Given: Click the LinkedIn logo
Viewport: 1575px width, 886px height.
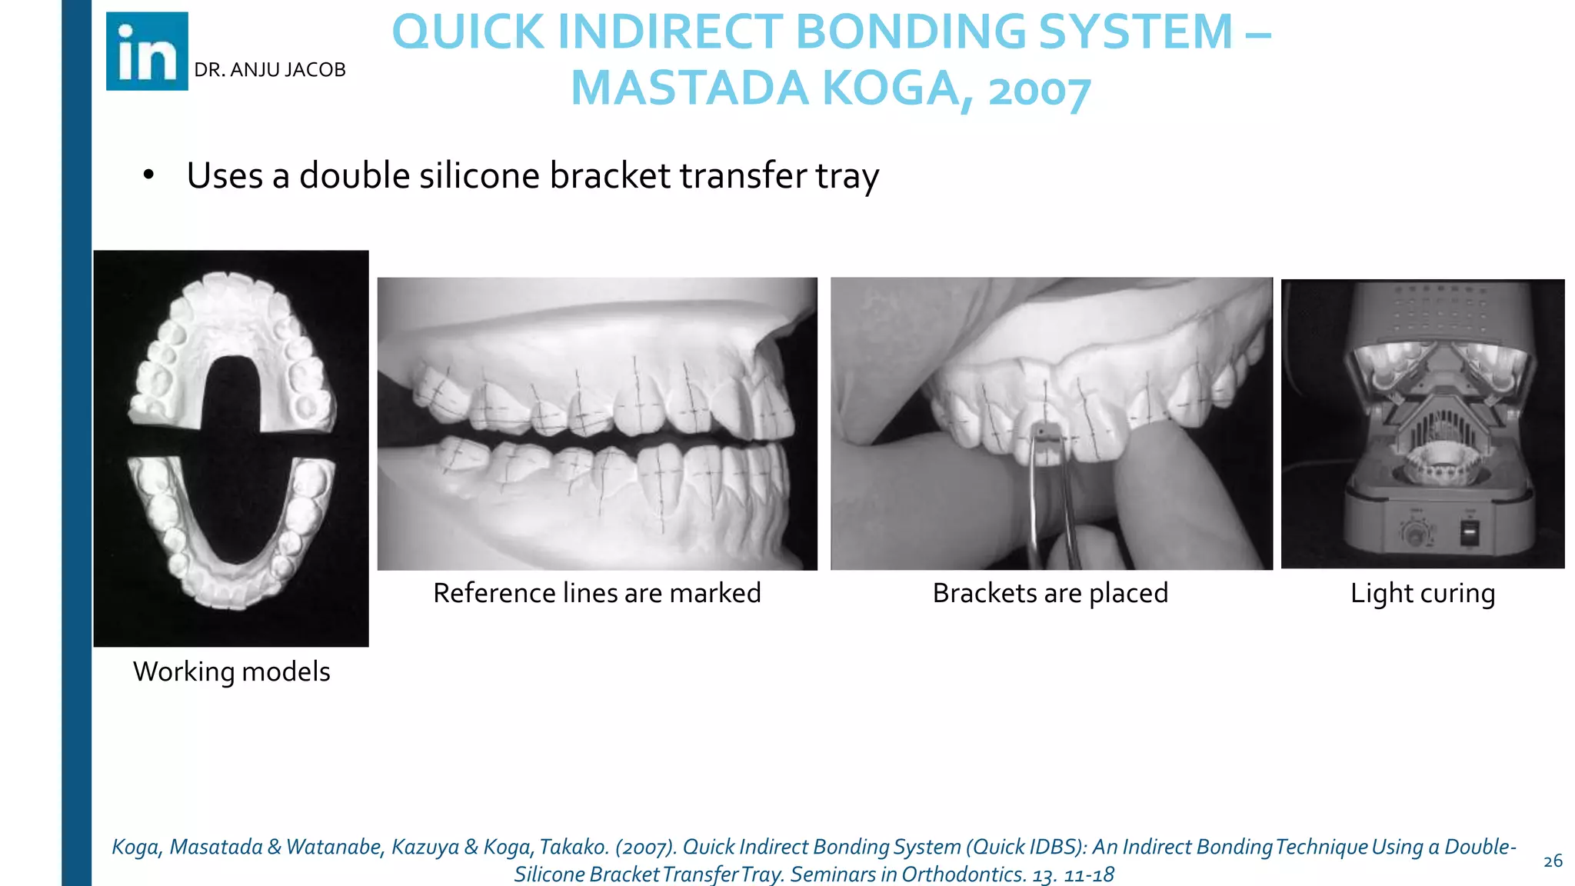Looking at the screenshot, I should click(x=147, y=52).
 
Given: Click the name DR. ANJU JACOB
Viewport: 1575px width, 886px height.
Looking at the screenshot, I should click(x=269, y=70).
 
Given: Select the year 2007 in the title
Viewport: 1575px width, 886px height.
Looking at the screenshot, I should click(x=1039, y=91).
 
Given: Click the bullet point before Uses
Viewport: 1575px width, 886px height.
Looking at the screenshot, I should click(x=148, y=175).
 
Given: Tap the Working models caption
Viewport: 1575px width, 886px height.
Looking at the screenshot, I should click(x=231, y=671).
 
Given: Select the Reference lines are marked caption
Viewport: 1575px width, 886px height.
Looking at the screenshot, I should click(x=597, y=593).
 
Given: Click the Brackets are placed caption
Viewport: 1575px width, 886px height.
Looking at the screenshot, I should click(x=1050, y=593).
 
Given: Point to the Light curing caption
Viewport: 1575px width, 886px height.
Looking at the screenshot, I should click(x=1423, y=593).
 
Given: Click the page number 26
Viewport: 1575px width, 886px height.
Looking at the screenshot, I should click(x=1553, y=861).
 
